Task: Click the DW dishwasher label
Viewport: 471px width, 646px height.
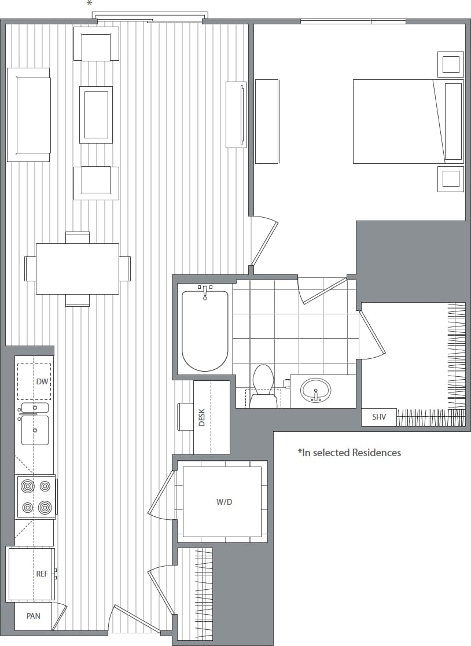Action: click(42, 381)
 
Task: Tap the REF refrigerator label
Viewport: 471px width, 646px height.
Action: click(42, 574)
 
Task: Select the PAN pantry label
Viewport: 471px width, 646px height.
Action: click(34, 616)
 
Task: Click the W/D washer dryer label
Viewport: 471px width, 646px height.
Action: click(224, 502)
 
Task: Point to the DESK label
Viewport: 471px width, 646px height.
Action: click(202, 417)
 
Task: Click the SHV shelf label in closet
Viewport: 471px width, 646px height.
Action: click(379, 417)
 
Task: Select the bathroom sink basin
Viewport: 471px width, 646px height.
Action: click(315, 390)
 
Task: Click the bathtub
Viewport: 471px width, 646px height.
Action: click(205, 330)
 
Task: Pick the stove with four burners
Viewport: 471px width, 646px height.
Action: click(36, 497)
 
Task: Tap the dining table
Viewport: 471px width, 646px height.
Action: click(77, 269)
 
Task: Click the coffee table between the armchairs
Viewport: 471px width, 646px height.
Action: click(96, 115)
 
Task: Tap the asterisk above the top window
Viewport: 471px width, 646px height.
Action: click(89, 4)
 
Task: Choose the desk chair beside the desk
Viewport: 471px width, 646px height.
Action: click(185, 417)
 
